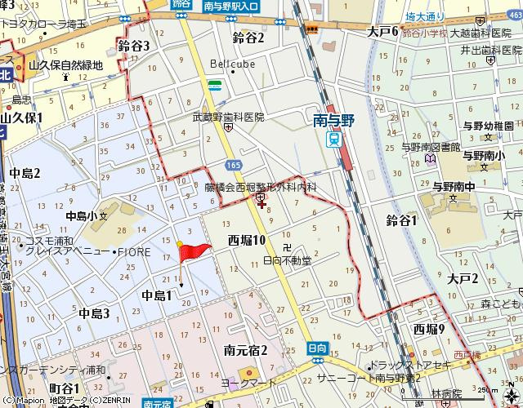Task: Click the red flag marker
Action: pyautogui.click(x=194, y=252)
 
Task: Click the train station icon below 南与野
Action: pyautogui.click(x=333, y=139)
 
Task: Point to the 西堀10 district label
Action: pyautogui.click(x=247, y=240)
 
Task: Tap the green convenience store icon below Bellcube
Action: pyautogui.click(x=214, y=85)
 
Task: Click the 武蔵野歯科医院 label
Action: pyautogui.click(x=228, y=117)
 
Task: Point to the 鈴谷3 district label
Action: pyautogui.click(x=134, y=46)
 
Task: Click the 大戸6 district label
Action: pyautogui.click(x=382, y=31)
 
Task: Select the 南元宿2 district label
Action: pyautogui.click(x=246, y=350)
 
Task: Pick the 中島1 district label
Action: pyautogui.click(x=157, y=295)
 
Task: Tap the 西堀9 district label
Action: pyautogui.click(x=429, y=329)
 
